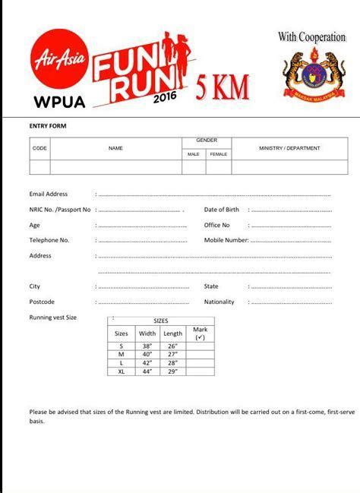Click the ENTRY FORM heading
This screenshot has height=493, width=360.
tap(48, 125)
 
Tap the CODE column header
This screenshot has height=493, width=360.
tap(39, 148)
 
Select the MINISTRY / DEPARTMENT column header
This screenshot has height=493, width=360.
tap(289, 148)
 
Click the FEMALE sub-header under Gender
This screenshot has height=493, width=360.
tap(219, 154)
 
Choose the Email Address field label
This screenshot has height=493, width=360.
tap(49, 194)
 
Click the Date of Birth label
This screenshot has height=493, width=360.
tap(222, 209)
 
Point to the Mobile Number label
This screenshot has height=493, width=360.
tap(226, 240)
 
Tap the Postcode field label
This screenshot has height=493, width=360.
tap(42, 302)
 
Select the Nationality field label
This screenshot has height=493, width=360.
tap(219, 302)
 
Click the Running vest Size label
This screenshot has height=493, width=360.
tap(53, 317)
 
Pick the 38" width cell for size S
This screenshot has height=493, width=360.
tap(147, 346)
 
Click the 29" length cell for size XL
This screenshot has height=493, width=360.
tap(173, 371)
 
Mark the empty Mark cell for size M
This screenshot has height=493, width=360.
tap(201, 354)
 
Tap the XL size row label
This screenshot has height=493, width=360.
tap(122, 371)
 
